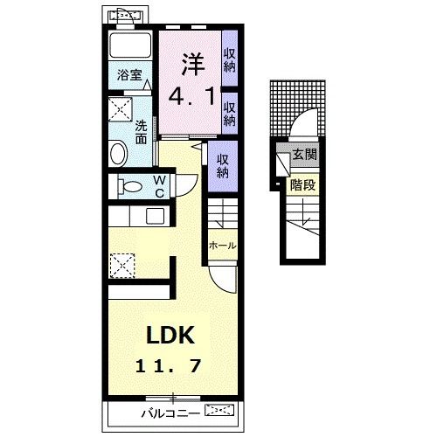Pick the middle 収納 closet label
231,113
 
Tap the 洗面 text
140,131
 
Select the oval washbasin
118,155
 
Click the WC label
159,186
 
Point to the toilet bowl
130,186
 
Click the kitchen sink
155,217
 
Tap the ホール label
221,246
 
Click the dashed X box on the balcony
220,409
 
